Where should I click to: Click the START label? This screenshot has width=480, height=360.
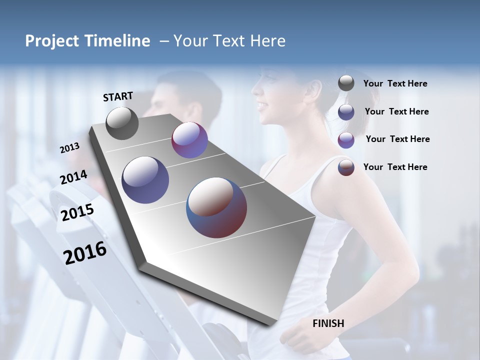pyautogui.click(x=118, y=96)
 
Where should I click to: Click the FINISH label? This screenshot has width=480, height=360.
pyautogui.click(x=328, y=323)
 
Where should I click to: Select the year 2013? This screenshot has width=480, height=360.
pyautogui.click(x=69, y=147)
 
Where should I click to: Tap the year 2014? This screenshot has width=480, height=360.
pyautogui.click(x=73, y=177)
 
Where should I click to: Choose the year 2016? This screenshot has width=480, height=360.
pyautogui.click(x=85, y=253)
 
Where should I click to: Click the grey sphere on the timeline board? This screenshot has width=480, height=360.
pyautogui.click(x=122, y=123)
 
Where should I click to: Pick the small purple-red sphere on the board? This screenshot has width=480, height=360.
pyautogui.click(x=189, y=140)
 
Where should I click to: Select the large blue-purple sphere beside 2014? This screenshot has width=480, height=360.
pyautogui.click(x=145, y=180)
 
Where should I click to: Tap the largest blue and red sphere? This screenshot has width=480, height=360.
pyautogui.click(x=216, y=207)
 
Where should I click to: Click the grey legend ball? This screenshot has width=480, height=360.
pyautogui.click(x=346, y=83)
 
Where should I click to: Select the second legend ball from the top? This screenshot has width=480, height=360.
pyautogui.click(x=346, y=112)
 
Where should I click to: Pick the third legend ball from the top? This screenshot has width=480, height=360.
pyautogui.click(x=346, y=140)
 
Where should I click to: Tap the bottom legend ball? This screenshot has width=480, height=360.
pyautogui.click(x=346, y=167)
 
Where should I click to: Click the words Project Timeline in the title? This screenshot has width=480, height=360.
pyautogui.click(x=87, y=41)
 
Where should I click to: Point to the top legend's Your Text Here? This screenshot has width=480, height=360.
pyautogui.click(x=395, y=84)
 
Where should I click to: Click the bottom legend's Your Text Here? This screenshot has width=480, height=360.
pyautogui.click(x=395, y=167)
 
